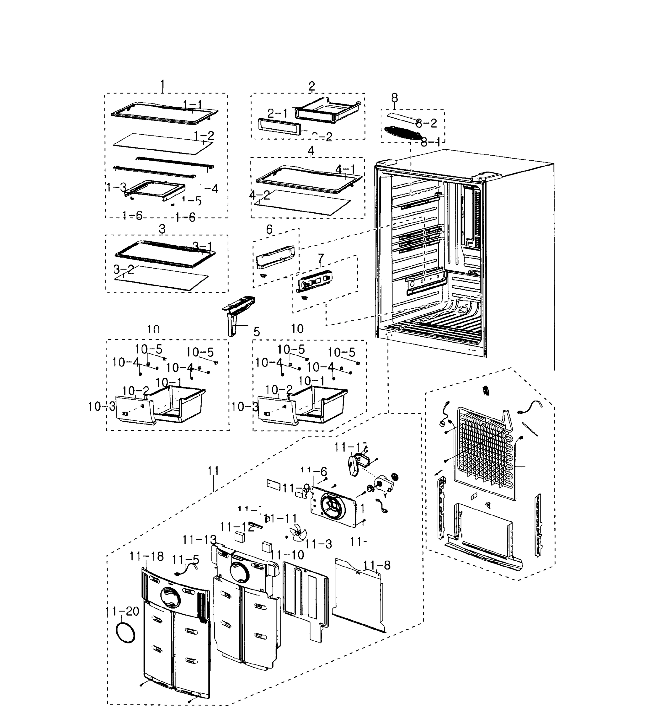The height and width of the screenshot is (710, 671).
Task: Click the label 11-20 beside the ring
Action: pos(123,611)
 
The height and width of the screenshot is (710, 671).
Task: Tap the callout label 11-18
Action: pos(146,556)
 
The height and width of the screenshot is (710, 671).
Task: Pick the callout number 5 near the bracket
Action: pos(256,331)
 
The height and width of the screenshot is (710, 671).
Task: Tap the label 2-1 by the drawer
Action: pos(278,113)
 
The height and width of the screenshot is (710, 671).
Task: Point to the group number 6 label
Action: pos(269,229)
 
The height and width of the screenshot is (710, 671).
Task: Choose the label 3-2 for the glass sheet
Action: pos(124,269)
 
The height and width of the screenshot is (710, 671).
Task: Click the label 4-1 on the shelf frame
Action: pos(345,169)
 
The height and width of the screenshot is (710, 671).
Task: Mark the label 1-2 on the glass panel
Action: pos(204,135)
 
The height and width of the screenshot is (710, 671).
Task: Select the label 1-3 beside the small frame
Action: pos(117,187)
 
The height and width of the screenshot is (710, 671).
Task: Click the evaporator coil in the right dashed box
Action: pos(485,454)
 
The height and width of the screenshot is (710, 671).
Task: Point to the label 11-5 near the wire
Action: pos(186,559)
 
